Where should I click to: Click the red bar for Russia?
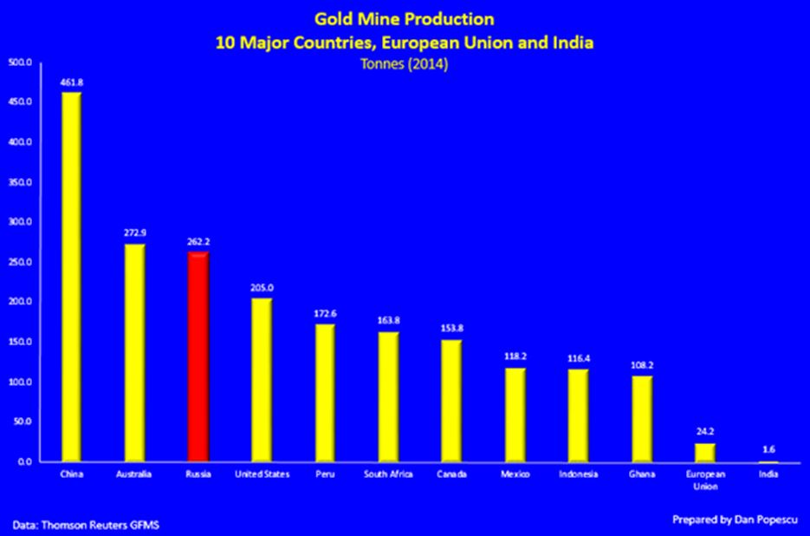[x=198, y=356]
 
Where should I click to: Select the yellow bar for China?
[x=71, y=277]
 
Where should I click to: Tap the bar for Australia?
[x=134, y=352]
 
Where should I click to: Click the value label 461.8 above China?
[x=71, y=82]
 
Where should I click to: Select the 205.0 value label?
[x=262, y=288]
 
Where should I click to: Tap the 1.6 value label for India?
[x=768, y=450]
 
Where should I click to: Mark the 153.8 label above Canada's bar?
[x=452, y=330]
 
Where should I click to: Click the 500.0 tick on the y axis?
[x=19, y=62]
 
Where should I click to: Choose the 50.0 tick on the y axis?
[x=21, y=422]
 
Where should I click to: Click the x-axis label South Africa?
[x=389, y=474]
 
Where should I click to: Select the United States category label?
[x=262, y=474]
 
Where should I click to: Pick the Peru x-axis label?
[x=325, y=474]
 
